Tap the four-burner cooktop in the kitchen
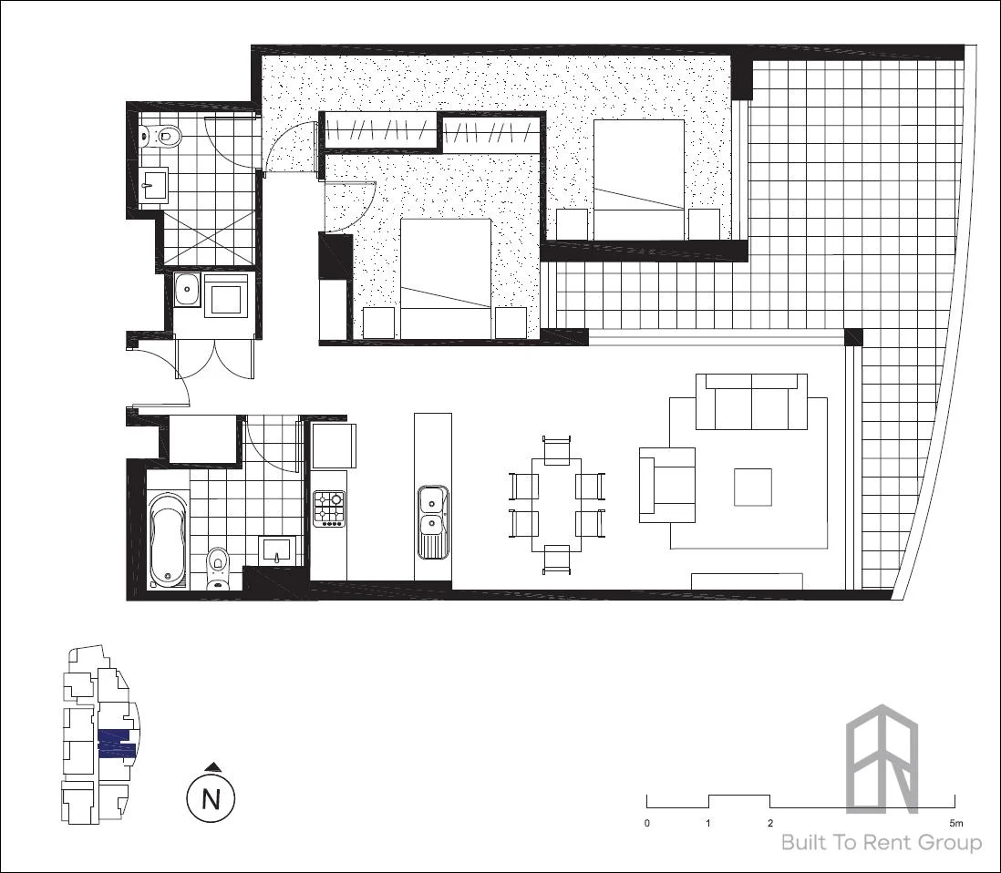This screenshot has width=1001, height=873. (x=329, y=508)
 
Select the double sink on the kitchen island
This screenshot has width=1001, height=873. (x=431, y=511)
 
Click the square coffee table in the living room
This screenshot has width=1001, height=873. (x=753, y=487)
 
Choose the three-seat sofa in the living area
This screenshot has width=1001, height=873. (x=751, y=402)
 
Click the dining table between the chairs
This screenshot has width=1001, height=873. (x=556, y=504)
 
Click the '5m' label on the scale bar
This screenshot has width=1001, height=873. (x=954, y=823)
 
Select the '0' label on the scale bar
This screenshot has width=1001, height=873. (x=647, y=823)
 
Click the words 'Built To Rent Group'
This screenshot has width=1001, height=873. (x=881, y=843)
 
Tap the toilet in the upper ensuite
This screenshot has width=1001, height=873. (x=164, y=137)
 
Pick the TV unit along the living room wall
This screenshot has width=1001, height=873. (x=747, y=580)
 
